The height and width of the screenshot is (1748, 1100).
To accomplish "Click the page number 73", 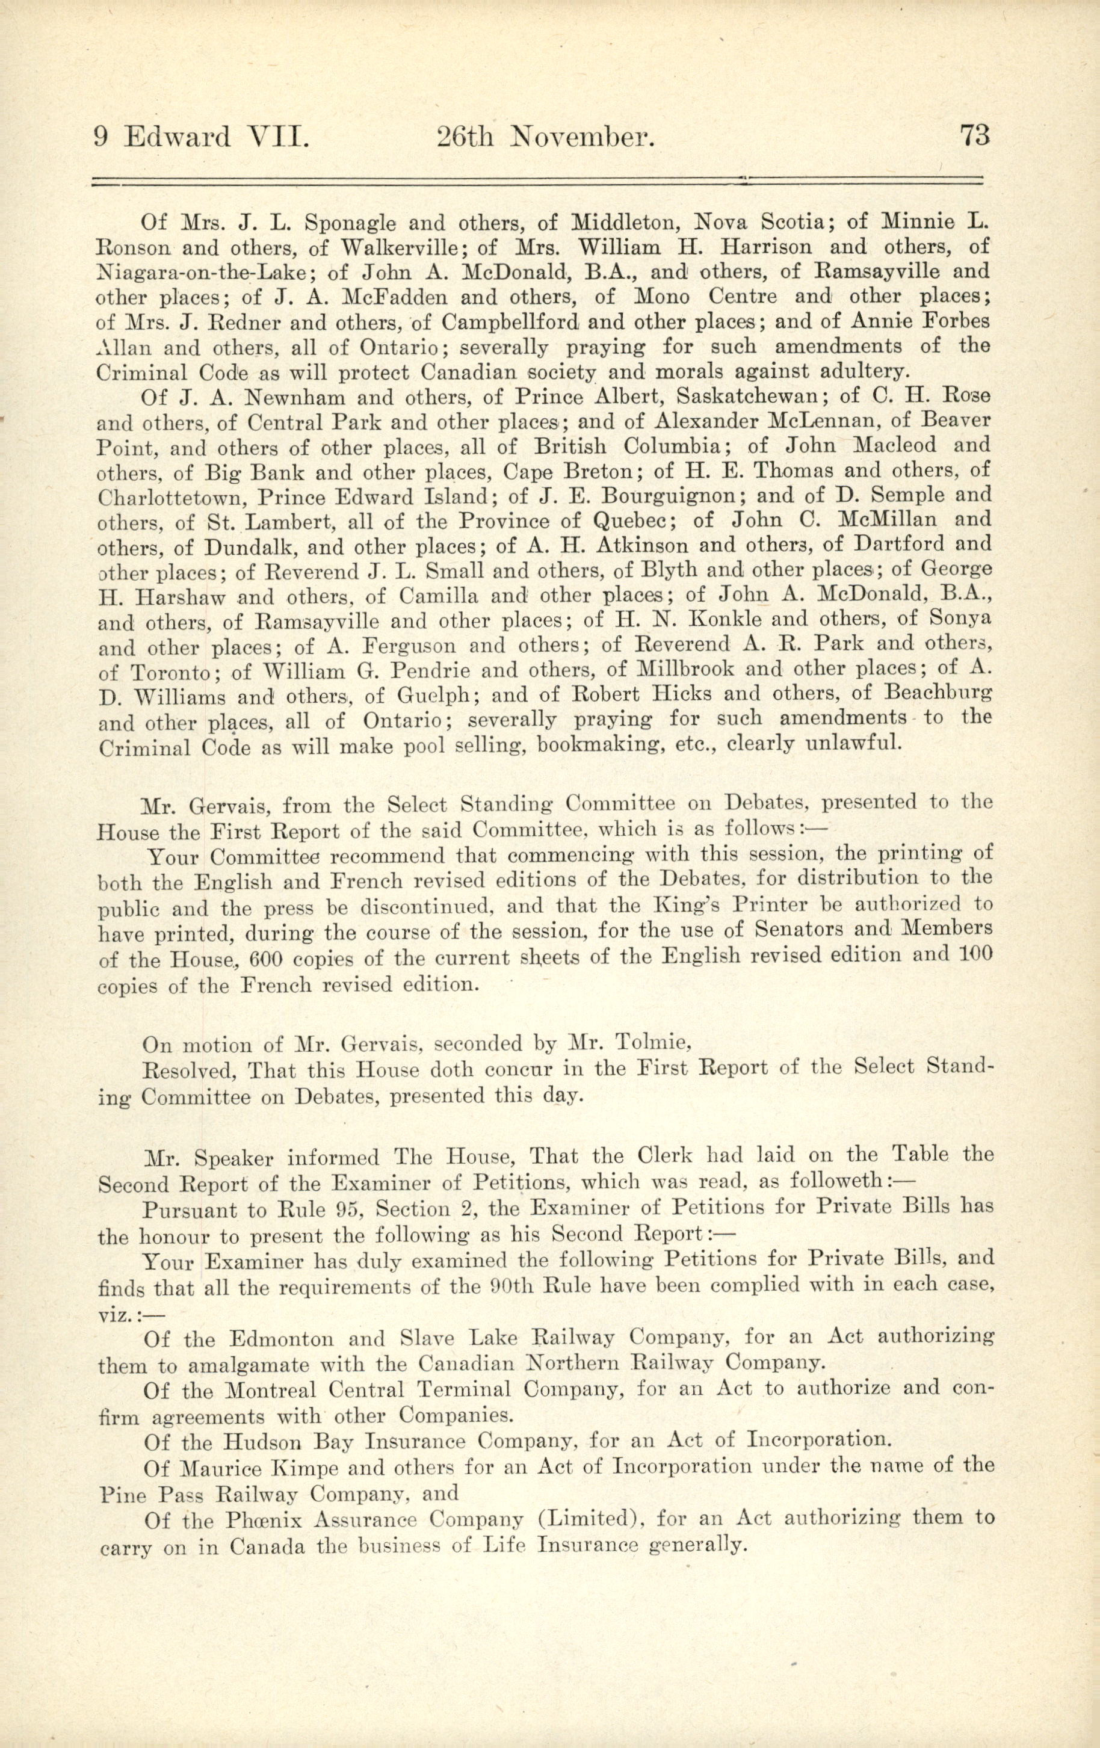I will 974,136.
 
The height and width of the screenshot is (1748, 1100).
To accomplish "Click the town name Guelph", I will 436,696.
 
